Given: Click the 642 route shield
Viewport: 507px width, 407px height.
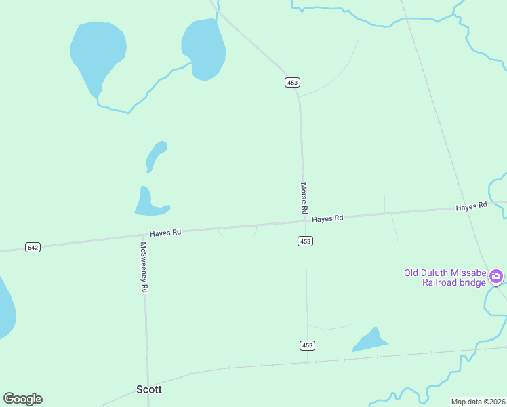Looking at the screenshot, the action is [33, 248].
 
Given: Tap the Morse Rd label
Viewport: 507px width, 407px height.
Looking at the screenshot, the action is [304, 199].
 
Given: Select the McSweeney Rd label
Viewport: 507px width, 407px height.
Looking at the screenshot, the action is [144, 267].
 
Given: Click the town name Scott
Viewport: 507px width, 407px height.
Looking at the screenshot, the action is [149, 389].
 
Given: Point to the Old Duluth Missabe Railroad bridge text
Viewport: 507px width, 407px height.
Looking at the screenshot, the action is [445, 277].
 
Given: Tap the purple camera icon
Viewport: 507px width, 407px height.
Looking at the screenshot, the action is [496, 275].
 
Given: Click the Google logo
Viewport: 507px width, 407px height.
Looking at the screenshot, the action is [22, 399].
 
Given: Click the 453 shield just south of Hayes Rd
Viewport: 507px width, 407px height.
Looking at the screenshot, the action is [305, 241].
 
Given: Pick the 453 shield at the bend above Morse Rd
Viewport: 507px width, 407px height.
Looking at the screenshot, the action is [292, 83].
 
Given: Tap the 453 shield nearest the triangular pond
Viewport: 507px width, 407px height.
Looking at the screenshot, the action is [307, 346].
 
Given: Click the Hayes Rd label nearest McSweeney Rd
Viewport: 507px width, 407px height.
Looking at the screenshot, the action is [165, 232].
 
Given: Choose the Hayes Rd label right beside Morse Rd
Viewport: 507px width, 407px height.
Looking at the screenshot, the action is [328, 218].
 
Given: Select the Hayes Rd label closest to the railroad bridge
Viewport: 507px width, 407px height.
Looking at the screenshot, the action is [472, 206].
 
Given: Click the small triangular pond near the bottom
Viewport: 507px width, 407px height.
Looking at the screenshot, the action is [370, 341].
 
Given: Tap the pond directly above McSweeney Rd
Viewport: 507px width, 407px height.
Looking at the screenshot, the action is [145, 203].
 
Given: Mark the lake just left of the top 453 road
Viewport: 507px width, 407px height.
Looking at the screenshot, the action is [203, 47].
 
